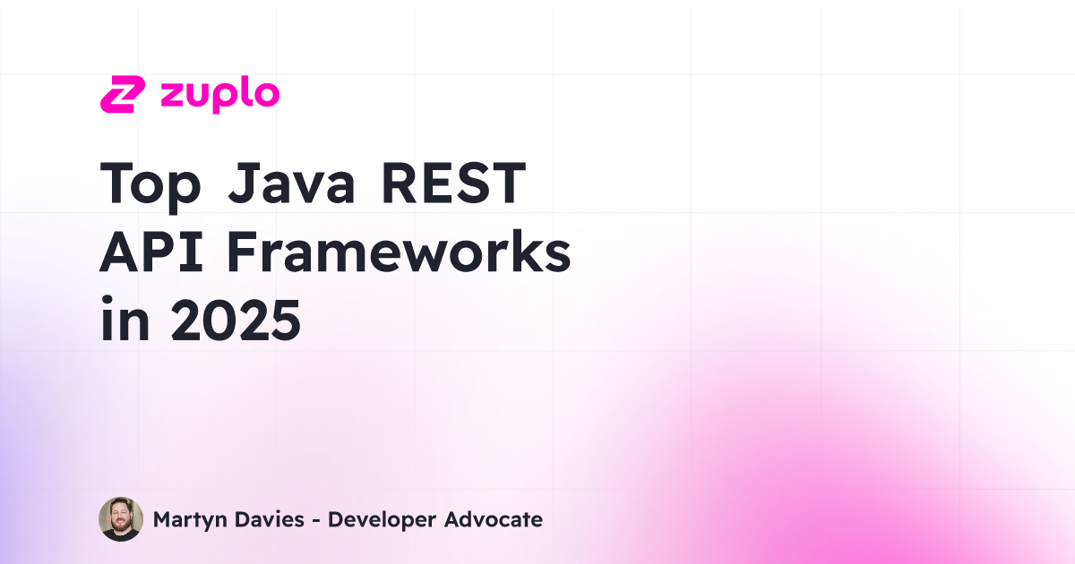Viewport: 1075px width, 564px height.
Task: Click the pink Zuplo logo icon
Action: click(122, 95)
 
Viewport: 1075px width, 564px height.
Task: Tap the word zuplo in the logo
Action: click(219, 95)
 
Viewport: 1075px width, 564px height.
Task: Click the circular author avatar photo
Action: click(120, 519)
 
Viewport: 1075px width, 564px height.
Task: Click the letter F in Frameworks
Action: click(242, 254)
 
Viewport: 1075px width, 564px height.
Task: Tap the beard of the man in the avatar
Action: click(120, 530)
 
